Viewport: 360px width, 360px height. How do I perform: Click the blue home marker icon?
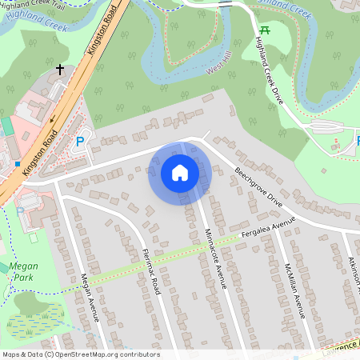point(180,173)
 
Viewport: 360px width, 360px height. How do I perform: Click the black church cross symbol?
point(60,70)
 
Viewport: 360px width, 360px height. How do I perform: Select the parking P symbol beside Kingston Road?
point(79,142)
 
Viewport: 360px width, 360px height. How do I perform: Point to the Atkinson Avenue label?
point(354,272)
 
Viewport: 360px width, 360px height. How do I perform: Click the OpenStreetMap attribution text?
point(80,354)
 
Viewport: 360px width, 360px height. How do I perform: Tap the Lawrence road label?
point(339,346)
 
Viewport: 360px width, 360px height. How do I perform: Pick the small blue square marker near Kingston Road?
point(17,164)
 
